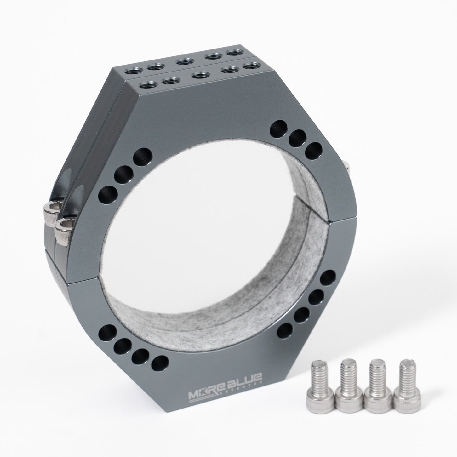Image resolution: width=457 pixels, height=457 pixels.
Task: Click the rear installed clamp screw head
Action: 51,209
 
